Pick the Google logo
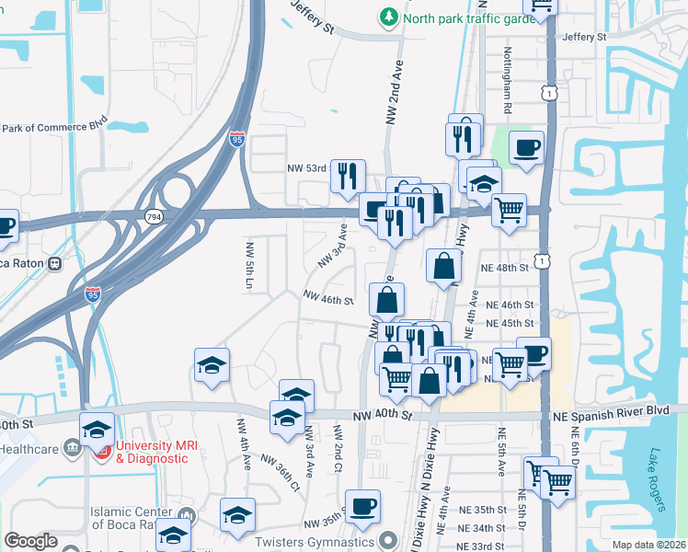point(31,541)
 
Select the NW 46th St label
point(329,300)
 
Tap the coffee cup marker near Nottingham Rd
point(526,147)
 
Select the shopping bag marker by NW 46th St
point(387,298)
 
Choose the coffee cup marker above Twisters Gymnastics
point(362,504)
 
